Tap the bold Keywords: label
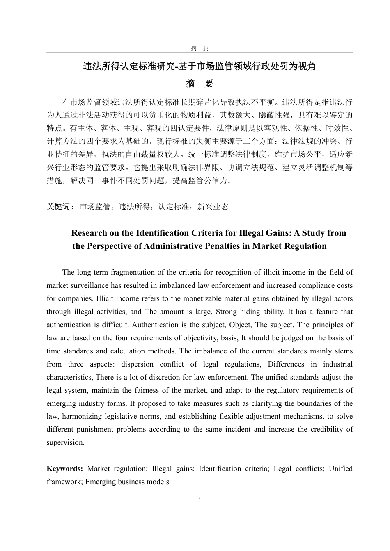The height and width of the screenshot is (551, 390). [x=65, y=469]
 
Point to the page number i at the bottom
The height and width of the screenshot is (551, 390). [x=200, y=499]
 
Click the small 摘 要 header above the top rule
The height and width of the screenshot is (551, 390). [x=200, y=48]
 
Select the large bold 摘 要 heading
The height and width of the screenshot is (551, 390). [x=200, y=84]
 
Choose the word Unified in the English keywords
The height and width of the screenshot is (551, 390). [x=341, y=469]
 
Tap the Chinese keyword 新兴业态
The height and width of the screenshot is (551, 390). [x=213, y=207]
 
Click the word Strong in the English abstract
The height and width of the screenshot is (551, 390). [x=226, y=312]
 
